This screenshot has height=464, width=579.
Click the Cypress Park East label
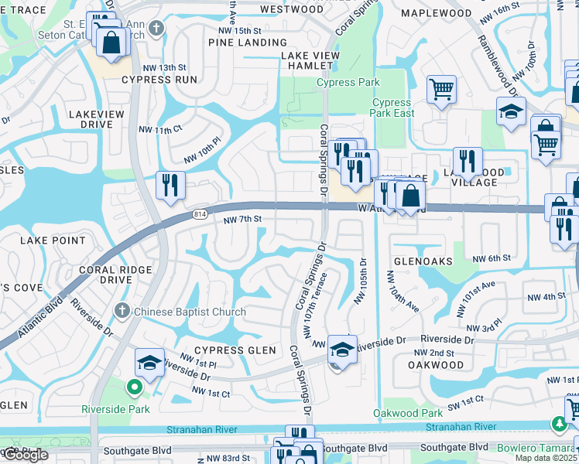[x=392, y=107]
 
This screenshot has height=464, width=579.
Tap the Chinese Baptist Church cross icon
[x=121, y=311]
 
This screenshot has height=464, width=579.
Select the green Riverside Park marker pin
[x=133, y=388]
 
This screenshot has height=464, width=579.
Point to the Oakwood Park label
[x=408, y=414]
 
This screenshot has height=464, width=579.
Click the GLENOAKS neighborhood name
[x=423, y=261]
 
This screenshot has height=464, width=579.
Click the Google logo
[x=26, y=455]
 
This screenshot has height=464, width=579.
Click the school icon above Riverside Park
[x=149, y=361]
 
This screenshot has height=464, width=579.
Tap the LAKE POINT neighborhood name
[x=53, y=241]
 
